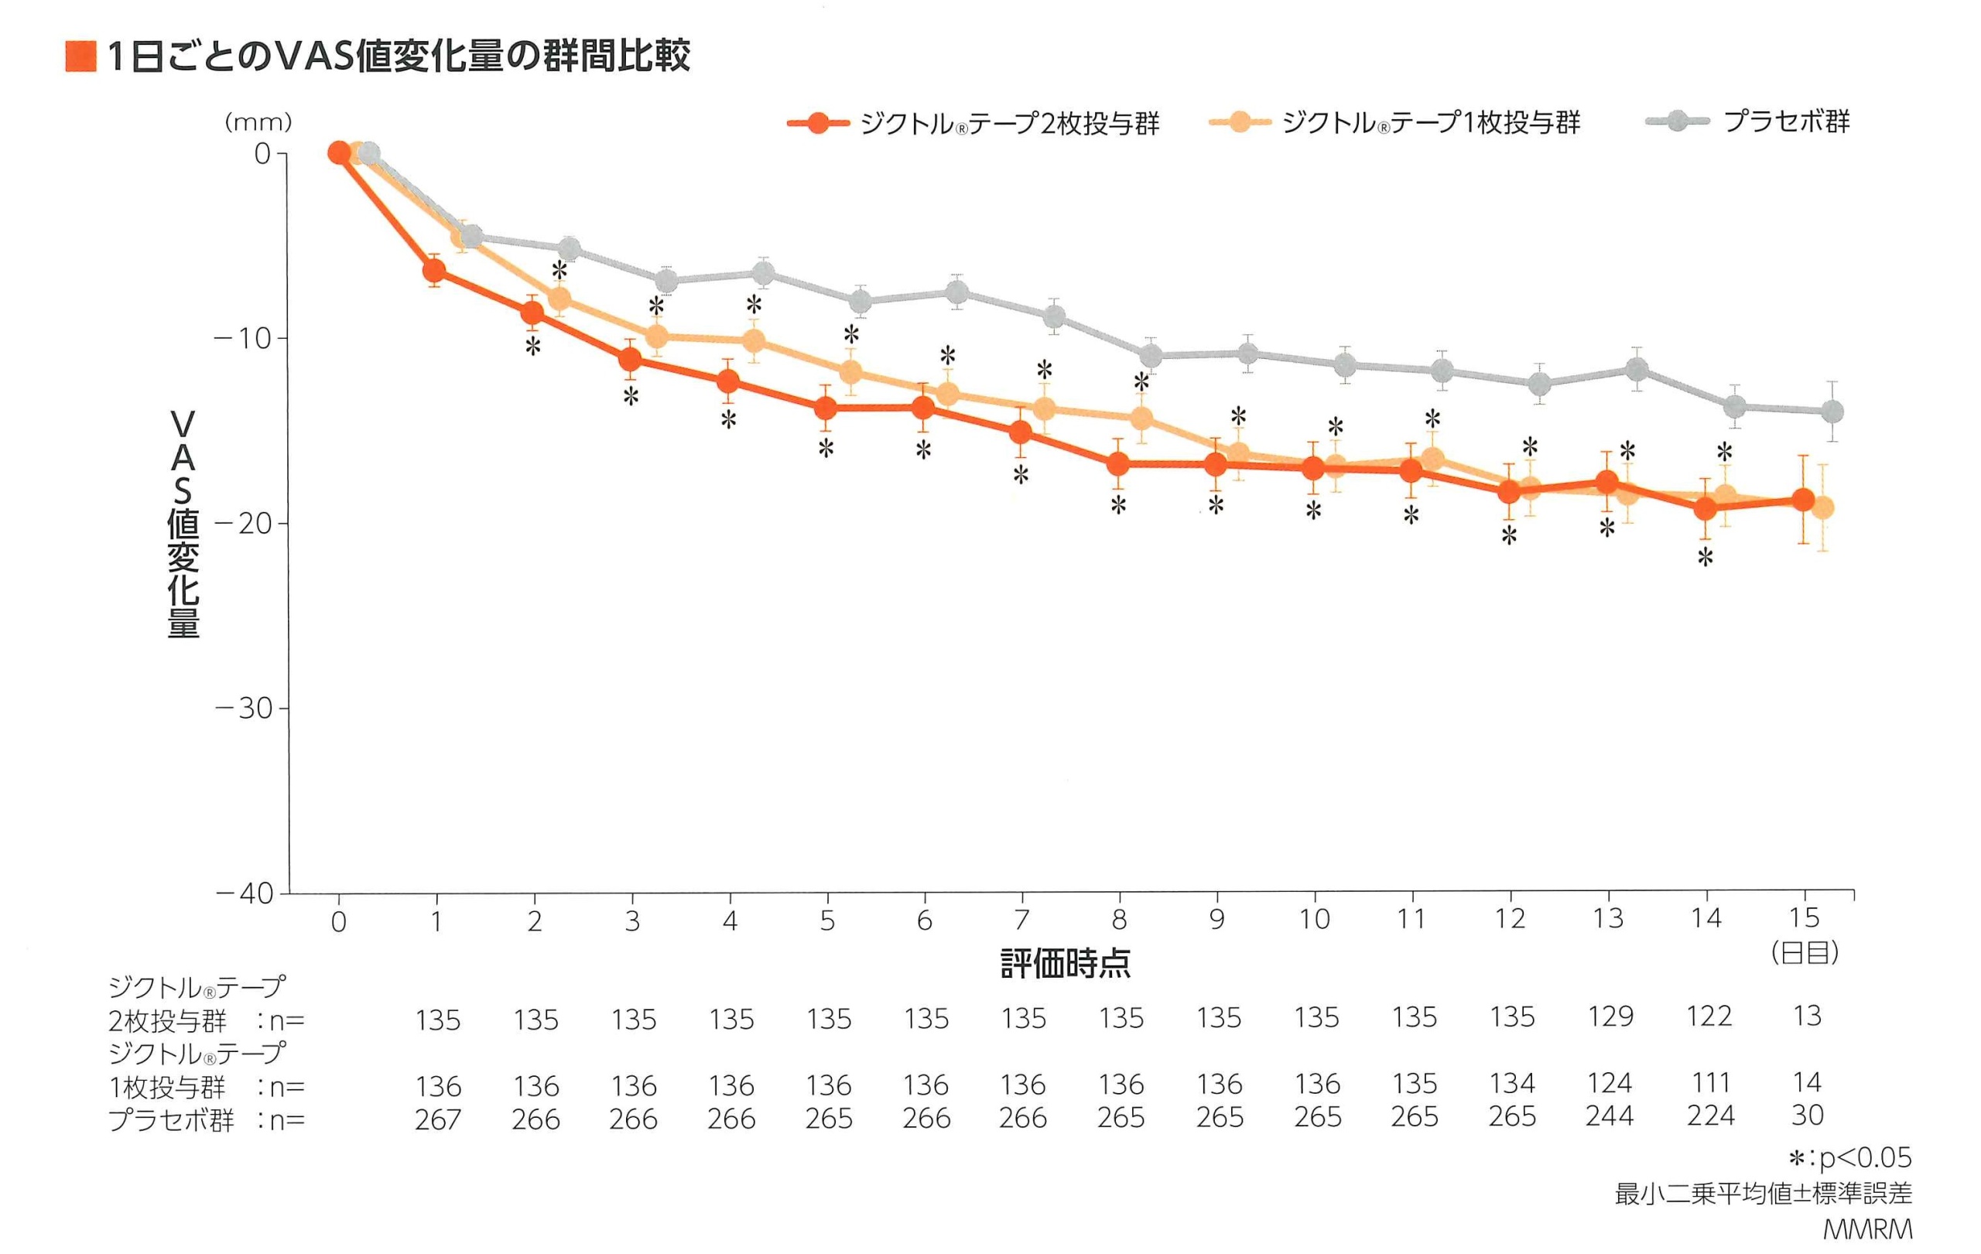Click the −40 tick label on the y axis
[244, 894]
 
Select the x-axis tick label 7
[1021, 919]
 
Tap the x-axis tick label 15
[1805, 917]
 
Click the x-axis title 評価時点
[1066, 963]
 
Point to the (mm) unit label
[258, 122]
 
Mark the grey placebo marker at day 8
[1151, 356]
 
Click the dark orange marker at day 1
[434, 271]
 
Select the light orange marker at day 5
[851, 373]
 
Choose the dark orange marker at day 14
[1706, 509]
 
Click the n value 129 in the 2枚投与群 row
[1610, 1017]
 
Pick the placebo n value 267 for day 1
[438, 1119]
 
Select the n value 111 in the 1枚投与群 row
[1709, 1083]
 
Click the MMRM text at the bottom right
[1867, 1230]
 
